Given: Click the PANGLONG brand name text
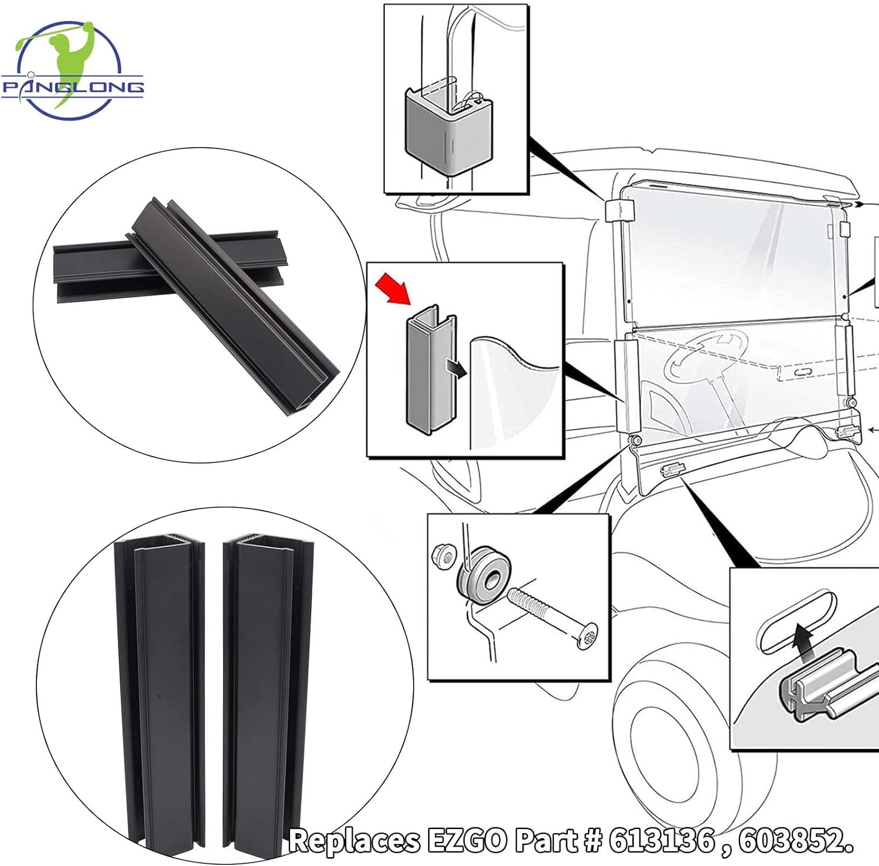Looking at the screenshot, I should [73, 87].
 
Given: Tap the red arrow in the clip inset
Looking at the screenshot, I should [394, 288].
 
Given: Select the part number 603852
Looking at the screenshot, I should [793, 841].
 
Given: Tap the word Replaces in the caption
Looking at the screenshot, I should [355, 841].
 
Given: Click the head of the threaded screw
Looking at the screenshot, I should [585, 636].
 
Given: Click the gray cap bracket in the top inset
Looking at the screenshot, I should [449, 131].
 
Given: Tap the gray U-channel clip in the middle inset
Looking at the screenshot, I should [430, 369].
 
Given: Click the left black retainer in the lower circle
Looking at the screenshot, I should [161, 691].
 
